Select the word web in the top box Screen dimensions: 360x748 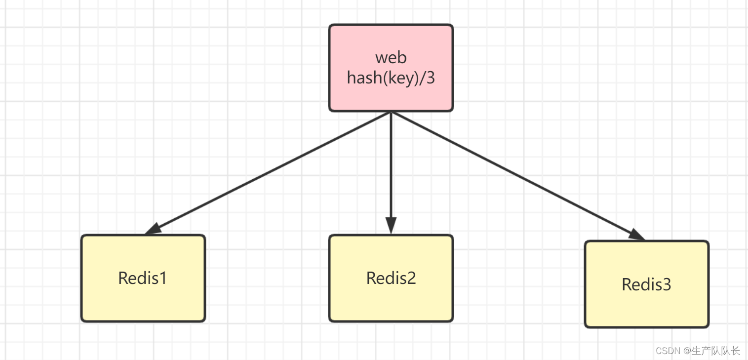[x=391, y=58]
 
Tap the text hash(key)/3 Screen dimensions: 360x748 [x=391, y=78]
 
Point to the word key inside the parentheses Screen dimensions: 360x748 [x=398, y=78]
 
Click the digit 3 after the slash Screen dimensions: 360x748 [x=431, y=78]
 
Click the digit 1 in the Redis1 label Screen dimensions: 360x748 [x=163, y=278]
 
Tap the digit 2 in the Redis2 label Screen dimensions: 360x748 [x=411, y=278]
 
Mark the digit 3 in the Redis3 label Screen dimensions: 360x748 [x=667, y=285]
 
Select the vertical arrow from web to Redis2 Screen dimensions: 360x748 [x=391, y=168]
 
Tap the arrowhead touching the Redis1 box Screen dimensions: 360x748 [x=152, y=229]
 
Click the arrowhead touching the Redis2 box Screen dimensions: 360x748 [x=391, y=226]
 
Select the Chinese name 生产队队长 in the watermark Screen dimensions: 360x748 [x=715, y=351]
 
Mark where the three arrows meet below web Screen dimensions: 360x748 [x=391, y=113]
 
